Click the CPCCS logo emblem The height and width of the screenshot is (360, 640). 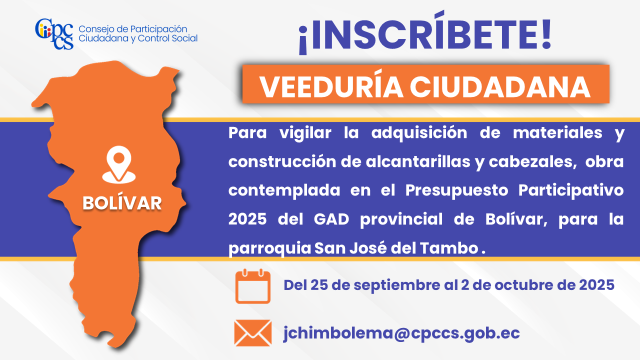click(x=54, y=34)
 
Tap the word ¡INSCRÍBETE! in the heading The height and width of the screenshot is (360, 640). click(x=425, y=33)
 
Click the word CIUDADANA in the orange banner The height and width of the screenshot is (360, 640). click(x=500, y=87)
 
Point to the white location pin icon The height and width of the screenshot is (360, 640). click(x=119, y=164)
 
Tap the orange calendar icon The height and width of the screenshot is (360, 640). click(x=253, y=286)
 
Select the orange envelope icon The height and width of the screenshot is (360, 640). click(x=253, y=333)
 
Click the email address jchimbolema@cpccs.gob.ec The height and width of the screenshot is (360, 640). click(x=401, y=333)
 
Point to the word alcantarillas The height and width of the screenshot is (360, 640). click(x=417, y=162)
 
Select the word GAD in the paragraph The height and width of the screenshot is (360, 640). click(x=331, y=219)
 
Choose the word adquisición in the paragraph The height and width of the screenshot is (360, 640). click(x=419, y=133)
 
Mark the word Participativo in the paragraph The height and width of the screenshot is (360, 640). click(x=571, y=190)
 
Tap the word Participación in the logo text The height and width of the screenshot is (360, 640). click(x=158, y=29)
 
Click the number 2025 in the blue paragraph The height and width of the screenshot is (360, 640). click(x=247, y=219)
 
